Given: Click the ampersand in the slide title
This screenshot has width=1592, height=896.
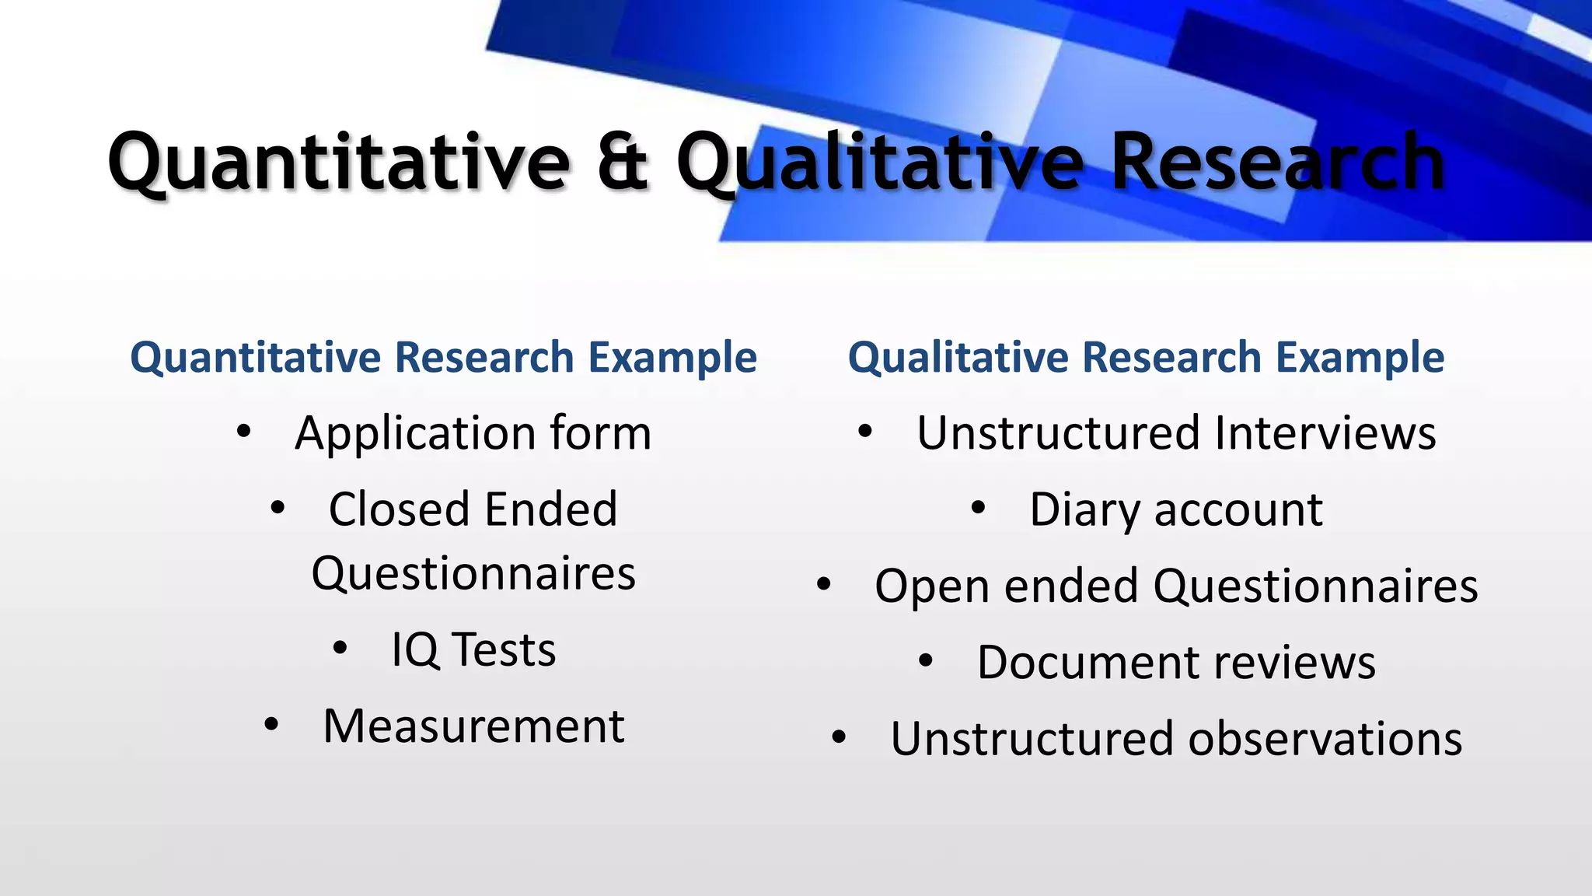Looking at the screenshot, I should pyautogui.click(x=622, y=162).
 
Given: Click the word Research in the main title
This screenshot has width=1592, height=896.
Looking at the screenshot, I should pyautogui.click(x=1277, y=162).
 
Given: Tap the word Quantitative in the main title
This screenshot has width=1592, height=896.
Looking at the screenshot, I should pyautogui.click(x=339, y=162).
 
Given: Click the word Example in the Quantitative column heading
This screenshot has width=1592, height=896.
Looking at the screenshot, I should pyautogui.click(x=672, y=357).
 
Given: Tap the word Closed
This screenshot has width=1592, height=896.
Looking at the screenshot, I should pyautogui.click(x=396, y=509).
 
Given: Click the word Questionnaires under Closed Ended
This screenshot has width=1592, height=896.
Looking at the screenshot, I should pyautogui.click(x=473, y=574).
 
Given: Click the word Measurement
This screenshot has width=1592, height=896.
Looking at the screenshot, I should pyautogui.click(x=473, y=726).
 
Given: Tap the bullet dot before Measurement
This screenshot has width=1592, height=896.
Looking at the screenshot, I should pyautogui.click(x=271, y=725).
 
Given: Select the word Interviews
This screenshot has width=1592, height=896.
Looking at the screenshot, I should pyautogui.click(x=1325, y=432).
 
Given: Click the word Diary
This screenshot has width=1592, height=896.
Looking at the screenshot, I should pyautogui.click(x=1085, y=511).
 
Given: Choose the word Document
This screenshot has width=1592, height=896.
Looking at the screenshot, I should pyautogui.click(x=1088, y=663).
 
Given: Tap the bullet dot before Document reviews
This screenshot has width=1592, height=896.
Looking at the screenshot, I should pyautogui.click(x=925, y=660).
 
